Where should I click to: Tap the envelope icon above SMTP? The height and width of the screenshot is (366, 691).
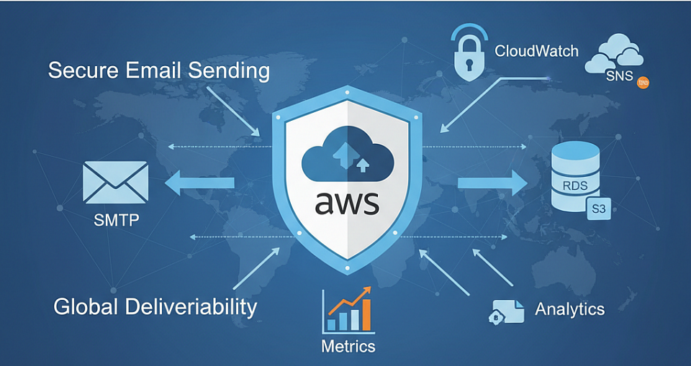(115, 182)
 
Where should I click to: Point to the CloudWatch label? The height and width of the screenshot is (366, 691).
(536, 52)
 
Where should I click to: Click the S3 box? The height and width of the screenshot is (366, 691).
(597, 210)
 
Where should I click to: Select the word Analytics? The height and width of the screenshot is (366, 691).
(569, 309)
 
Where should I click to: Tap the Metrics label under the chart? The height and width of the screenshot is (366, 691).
(348, 346)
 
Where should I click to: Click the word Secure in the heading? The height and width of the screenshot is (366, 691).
(81, 71)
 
